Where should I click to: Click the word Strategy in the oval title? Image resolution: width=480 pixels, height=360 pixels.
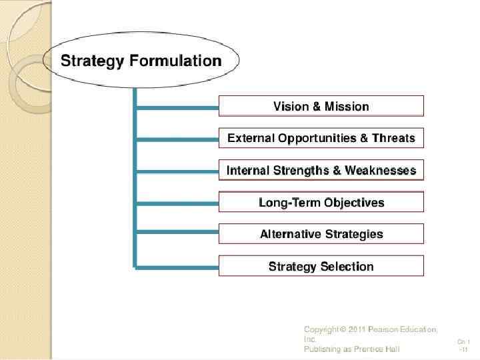91,61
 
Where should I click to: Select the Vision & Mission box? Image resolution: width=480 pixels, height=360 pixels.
321,107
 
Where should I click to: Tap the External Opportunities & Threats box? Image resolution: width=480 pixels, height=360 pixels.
321,139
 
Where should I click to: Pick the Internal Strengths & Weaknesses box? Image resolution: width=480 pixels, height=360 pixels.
321,171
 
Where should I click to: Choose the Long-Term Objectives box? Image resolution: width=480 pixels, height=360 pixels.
321,203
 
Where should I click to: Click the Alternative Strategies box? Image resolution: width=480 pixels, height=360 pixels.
321,234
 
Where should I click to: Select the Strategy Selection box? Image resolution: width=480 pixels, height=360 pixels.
321,266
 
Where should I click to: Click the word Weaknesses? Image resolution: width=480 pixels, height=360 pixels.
380,171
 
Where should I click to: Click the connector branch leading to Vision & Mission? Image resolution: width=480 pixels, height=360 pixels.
177,107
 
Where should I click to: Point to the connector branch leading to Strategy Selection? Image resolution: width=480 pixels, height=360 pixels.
177,266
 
